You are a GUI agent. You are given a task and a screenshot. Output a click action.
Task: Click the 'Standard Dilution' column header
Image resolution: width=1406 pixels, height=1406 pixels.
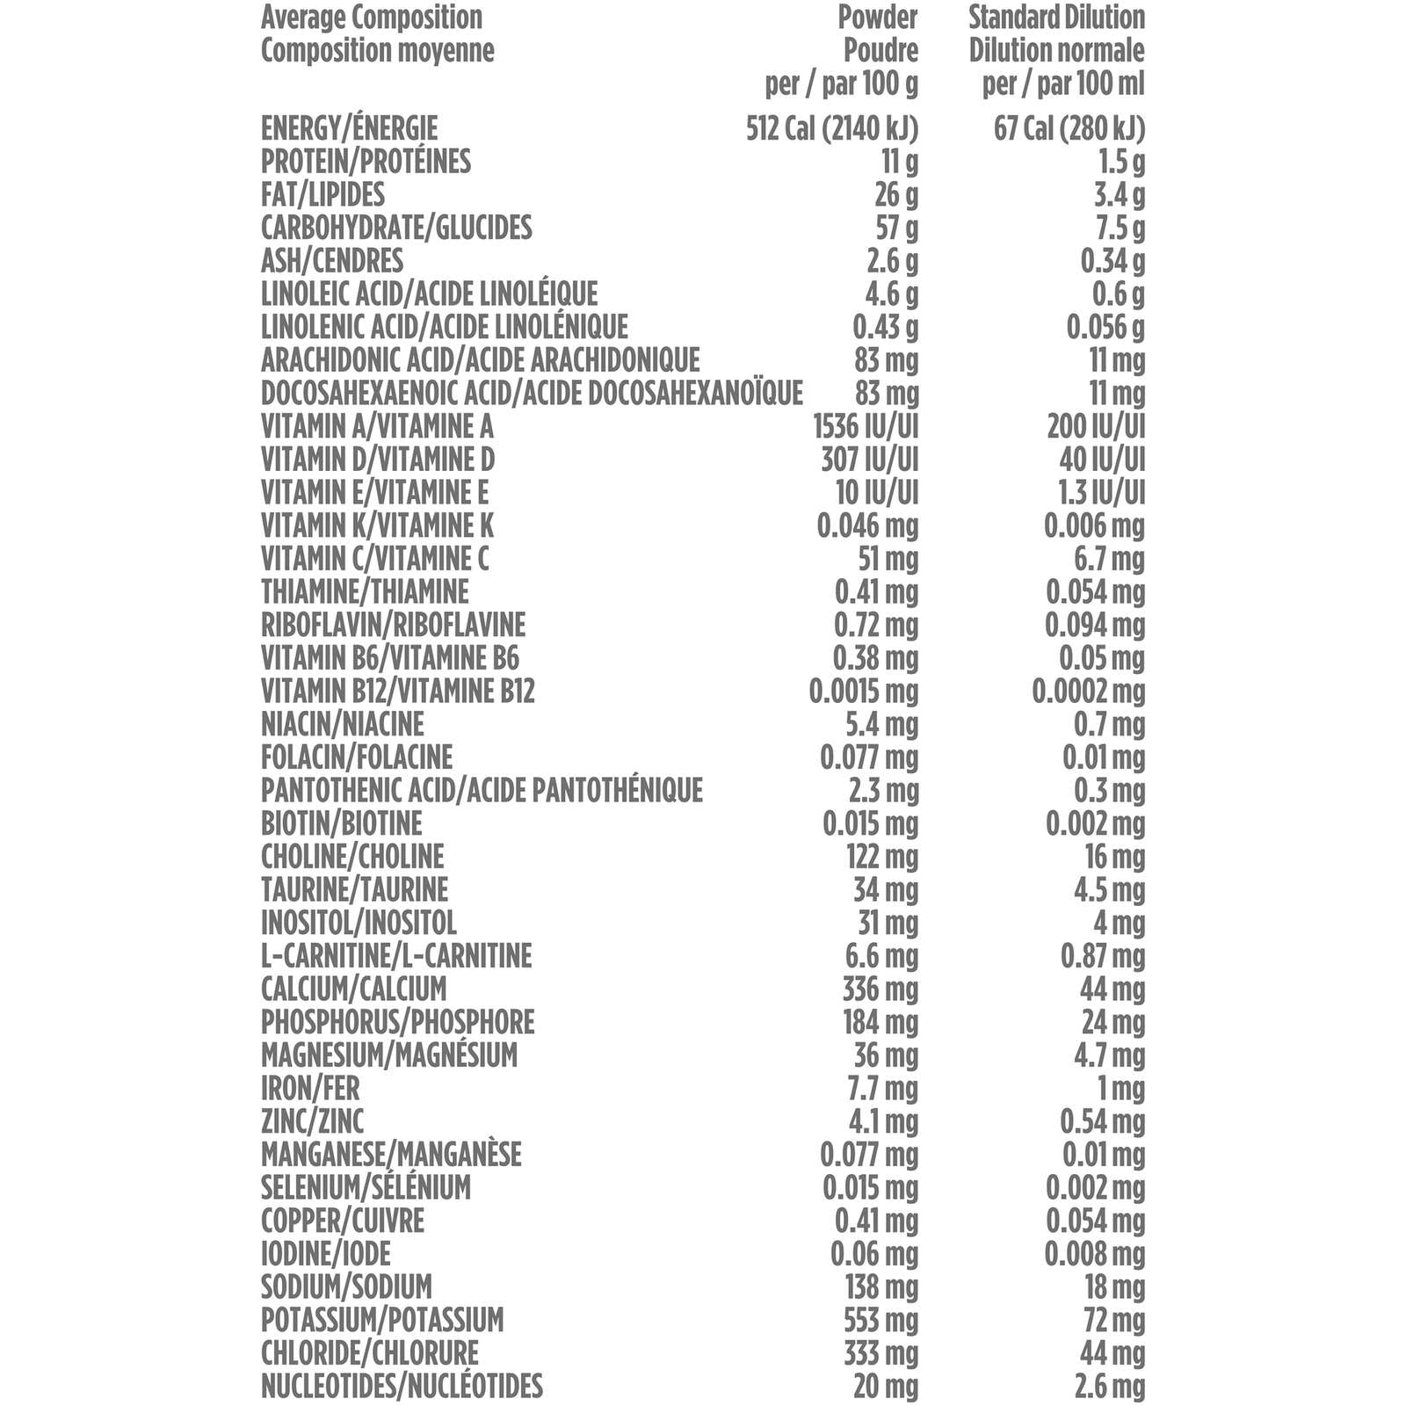pyautogui.click(x=1056, y=18)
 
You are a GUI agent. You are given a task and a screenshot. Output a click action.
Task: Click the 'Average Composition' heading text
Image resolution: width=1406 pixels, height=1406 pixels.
pyautogui.click(x=371, y=18)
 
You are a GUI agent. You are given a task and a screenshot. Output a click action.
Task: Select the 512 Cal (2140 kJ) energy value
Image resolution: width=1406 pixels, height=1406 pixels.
pyautogui.click(x=831, y=128)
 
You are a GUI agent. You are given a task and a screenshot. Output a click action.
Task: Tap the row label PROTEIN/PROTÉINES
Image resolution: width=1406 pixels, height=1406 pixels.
pyautogui.click(x=366, y=162)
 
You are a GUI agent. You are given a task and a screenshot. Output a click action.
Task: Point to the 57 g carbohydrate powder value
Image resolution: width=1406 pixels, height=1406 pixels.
pyautogui.click(x=896, y=228)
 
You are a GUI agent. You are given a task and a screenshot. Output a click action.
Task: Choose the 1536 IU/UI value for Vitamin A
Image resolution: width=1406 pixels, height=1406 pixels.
pyautogui.click(x=866, y=426)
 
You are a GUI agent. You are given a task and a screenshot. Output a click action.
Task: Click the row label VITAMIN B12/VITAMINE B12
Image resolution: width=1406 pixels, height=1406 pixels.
pyautogui.click(x=397, y=691)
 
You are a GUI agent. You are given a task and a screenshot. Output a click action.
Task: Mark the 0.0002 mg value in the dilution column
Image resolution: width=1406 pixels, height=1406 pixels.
pyautogui.click(x=1088, y=691)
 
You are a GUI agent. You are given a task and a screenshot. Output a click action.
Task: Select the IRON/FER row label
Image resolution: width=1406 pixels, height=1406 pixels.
pyautogui.click(x=310, y=1088)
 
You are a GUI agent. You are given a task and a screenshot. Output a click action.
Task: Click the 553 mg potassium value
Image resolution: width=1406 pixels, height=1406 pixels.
pyautogui.click(x=881, y=1320)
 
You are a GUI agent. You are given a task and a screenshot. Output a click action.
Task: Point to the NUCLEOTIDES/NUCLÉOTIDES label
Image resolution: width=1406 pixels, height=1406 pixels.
pyautogui.click(x=402, y=1386)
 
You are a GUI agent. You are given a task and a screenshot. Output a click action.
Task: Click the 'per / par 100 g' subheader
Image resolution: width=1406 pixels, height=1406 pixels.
pyautogui.click(x=841, y=84)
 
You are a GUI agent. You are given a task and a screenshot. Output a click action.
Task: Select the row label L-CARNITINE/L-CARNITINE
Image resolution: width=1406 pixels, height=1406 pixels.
pyautogui.click(x=396, y=955)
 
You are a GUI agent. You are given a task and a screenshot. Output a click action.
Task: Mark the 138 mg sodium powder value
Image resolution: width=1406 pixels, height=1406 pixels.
pyautogui.click(x=881, y=1286)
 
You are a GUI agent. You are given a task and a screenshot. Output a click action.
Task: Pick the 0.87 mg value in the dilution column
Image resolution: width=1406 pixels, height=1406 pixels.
pyautogui.click(x=1102, y=955)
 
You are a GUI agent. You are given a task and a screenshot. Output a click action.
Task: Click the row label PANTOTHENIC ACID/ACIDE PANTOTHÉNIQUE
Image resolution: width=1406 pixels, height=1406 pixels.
pyautogui.click(x=482, y=790)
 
